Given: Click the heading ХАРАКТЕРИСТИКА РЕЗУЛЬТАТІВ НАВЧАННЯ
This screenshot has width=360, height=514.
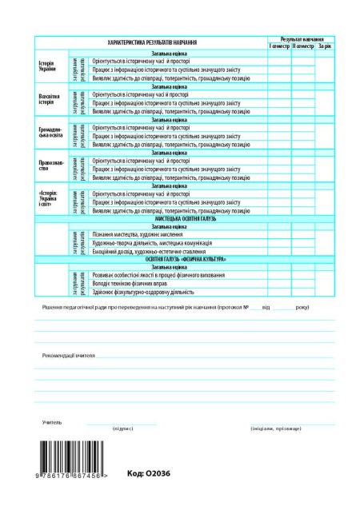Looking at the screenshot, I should click(x=153, y=42).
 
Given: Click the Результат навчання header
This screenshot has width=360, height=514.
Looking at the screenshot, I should click(x=301, y=39).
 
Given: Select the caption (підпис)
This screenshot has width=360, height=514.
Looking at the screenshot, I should click(x=122, y=429).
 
